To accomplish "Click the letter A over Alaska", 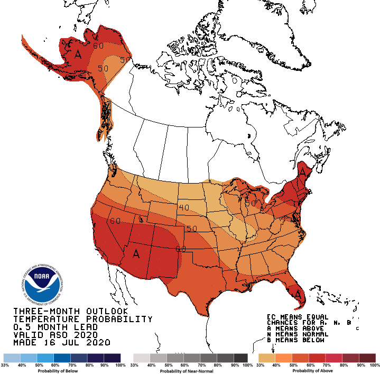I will tap(78, 54).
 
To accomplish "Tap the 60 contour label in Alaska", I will tap(98, 45).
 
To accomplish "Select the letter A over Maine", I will tap(303, 172).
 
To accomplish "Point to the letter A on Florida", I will tap(298, 294).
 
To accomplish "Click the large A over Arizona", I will tap(136, 254).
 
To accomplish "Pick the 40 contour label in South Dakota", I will tap(183, 207).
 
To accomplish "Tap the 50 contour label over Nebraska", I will tap(191, 229).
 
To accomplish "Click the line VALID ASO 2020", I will tap(55, 335).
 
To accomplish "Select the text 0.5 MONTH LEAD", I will tap(55, 327).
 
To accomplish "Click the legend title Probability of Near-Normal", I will tap(190, 371).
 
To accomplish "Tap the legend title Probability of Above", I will tap(316, 371).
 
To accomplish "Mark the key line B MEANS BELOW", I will tap(297, 341).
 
